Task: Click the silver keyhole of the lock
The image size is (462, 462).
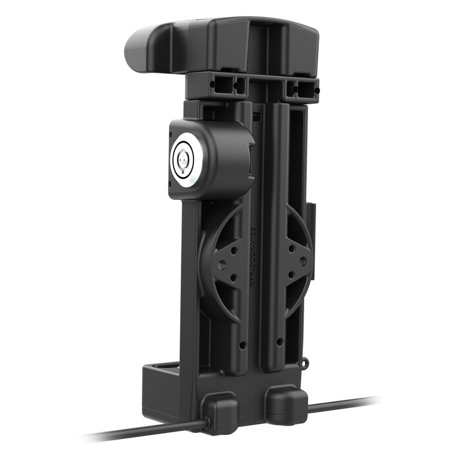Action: pyautogui.click(x=183, y=158)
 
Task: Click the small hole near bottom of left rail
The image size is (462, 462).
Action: pyautogui.click(x=242, y=345)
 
